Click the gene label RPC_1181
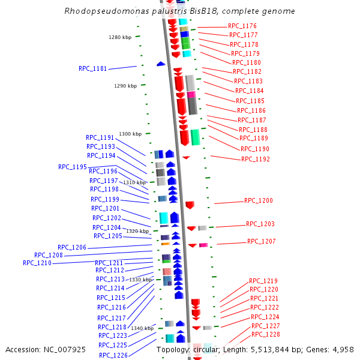point(92,68)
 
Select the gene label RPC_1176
point(242,26)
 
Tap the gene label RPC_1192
point(256,160)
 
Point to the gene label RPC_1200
point(259,201)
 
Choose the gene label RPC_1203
point(260,224)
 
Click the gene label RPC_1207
point(262,242)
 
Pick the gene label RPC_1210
point(37,263)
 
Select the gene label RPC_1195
point(73,167)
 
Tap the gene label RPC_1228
point(266,335)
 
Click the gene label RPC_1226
point(113,355)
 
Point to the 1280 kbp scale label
point(120,37)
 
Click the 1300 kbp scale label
point(130,134)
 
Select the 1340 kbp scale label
point(143,329)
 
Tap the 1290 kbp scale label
point(125,86)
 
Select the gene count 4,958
point(342,349)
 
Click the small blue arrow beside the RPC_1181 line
point(161,64)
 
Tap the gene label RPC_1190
point(255,149)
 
